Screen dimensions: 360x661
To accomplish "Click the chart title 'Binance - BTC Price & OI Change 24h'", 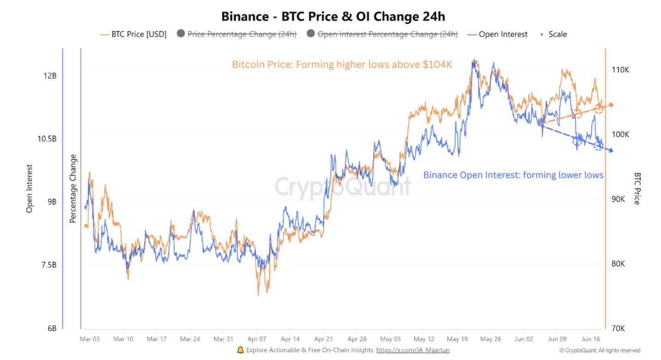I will point(333,17).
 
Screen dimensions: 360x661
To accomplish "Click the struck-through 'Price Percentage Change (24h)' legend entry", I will point(241,34).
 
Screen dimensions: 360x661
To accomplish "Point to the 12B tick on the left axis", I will point(49,76).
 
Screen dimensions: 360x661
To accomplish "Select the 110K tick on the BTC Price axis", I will point(621,70).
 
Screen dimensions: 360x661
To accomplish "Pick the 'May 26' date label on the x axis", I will point(490,339).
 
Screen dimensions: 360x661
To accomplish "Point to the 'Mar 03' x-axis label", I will point(90,339).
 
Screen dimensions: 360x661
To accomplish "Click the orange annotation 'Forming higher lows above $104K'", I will point(342,65).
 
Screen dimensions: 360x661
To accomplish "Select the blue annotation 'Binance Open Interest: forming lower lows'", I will point(513,175).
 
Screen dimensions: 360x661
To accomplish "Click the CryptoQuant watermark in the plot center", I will point(343,187).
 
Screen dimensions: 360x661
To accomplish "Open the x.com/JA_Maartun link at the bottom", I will point(413,350).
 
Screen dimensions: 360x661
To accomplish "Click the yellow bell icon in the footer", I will point(240,350).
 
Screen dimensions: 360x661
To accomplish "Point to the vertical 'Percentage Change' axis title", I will point(73,189).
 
